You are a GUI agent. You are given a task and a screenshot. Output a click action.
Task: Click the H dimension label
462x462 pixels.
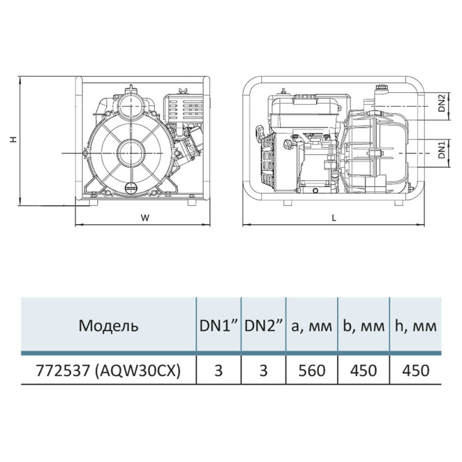click(x=12, y=139)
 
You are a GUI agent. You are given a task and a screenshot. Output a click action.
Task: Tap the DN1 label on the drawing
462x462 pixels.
click(x=441, y=150)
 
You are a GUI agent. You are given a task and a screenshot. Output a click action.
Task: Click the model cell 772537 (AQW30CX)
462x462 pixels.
click(x=109, y=370)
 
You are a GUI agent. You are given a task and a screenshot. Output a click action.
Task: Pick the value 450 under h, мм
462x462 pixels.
click(x=415, y=370)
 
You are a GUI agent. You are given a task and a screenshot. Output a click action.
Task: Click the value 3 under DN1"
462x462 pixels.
click(x=219, y=370)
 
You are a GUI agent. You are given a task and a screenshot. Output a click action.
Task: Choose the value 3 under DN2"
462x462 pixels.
click(x=264, y=370)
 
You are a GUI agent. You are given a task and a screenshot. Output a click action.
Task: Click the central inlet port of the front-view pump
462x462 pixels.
click(x=130, y=153)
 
